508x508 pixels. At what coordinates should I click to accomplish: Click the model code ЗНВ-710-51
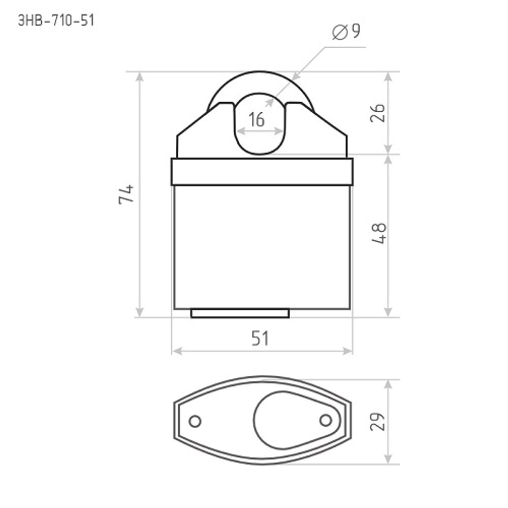click(56, 20)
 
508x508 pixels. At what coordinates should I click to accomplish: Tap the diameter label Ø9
click(346, 31)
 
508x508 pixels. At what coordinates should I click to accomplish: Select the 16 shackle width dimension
click(257, 119)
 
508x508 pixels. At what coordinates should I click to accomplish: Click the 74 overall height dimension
click(126, 194)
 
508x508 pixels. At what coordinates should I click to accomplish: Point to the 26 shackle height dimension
click(377, 113)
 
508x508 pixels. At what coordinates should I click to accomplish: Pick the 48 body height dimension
click(378, 233)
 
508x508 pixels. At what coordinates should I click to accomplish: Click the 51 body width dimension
click(260, 338)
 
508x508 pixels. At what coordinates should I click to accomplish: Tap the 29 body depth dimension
click(377, 422)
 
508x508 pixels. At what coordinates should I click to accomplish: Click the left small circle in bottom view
click(195, 421)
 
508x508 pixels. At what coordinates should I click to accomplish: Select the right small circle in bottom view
click(326, 421)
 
